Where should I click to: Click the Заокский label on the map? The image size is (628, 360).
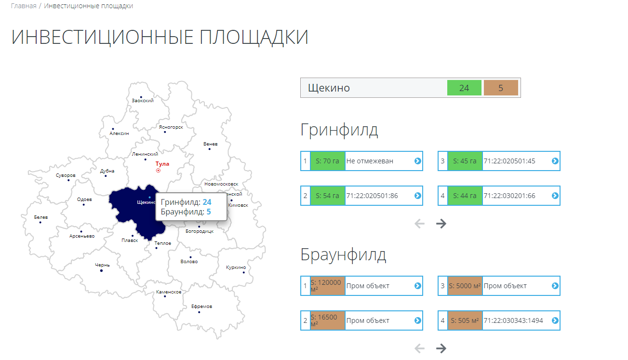[x=143, y=101]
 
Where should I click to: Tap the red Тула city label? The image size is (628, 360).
[x=162, y=164]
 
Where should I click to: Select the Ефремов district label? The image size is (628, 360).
[x=201, y=307]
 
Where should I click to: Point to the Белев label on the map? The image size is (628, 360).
[x=41, y=217]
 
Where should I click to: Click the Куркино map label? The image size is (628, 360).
[x=236, y=267]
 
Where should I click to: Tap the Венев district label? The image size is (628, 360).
[x=210, y=144]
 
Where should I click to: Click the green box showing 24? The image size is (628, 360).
[x=464, y=88]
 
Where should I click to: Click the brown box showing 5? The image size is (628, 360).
[x=501, y=88]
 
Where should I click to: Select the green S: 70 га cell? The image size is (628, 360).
[x=328, y=161]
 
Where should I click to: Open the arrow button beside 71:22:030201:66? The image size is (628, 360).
[x=555, y=196]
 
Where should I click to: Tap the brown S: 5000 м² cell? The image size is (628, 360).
[x=465, y=286]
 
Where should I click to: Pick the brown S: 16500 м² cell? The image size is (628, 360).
[x=328, y=320]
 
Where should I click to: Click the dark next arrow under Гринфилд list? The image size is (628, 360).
[x=441, y=223]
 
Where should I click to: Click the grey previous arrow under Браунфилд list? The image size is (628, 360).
[x=420, y=348]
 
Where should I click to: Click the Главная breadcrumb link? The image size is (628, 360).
[x=24, y=6]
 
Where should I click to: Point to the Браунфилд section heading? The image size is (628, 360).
[x=343, y=255]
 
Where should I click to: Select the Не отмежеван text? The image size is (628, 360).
[x=370, y=161]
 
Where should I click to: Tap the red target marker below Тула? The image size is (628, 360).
[x=158, y=171]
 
